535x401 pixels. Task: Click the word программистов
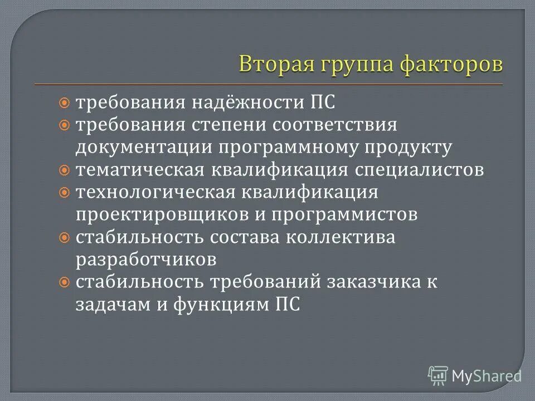pyautogui.click(x=337, y=214)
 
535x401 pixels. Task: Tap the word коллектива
pyautogui.click(x=341, y=237)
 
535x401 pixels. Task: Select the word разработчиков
pyautogui.click(x=146, y=259)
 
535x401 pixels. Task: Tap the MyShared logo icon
pyautogui.click(x=438, y=376)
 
